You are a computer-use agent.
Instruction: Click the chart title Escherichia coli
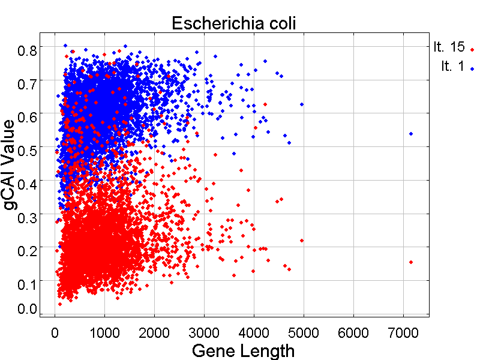pyautogui.click(x=235, y=23)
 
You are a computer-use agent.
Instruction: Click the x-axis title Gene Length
pyautogui.click(x=243, y=350)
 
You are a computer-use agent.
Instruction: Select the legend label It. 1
pyautogui.click(x=453, y=66)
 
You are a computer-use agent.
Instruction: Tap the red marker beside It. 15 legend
pyautogui.click(x=472, y=50)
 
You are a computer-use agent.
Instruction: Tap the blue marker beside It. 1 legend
pyautogui.click(x=472, y=69)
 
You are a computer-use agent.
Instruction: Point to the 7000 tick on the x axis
pyautogui.click(x=403, y=331)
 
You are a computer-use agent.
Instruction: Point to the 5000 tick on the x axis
pyautogui.click(x=304, y=331)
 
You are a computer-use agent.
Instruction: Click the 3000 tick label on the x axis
pyautogui.click(x=204, y=331)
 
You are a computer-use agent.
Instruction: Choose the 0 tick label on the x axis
pyautogui.click(x=55, y=331)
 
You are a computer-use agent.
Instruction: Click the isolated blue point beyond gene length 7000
pyautogui.click(x=411, y=134)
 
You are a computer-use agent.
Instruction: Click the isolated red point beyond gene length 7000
pyautogui.click(x=411, y=262)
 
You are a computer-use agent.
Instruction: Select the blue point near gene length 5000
pyautogui.click(x=302, y=104)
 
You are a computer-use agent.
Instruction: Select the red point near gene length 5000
pyautogui.click(x=302, y=241)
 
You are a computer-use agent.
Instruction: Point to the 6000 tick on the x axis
pyautogui.click(x=353, y=331)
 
